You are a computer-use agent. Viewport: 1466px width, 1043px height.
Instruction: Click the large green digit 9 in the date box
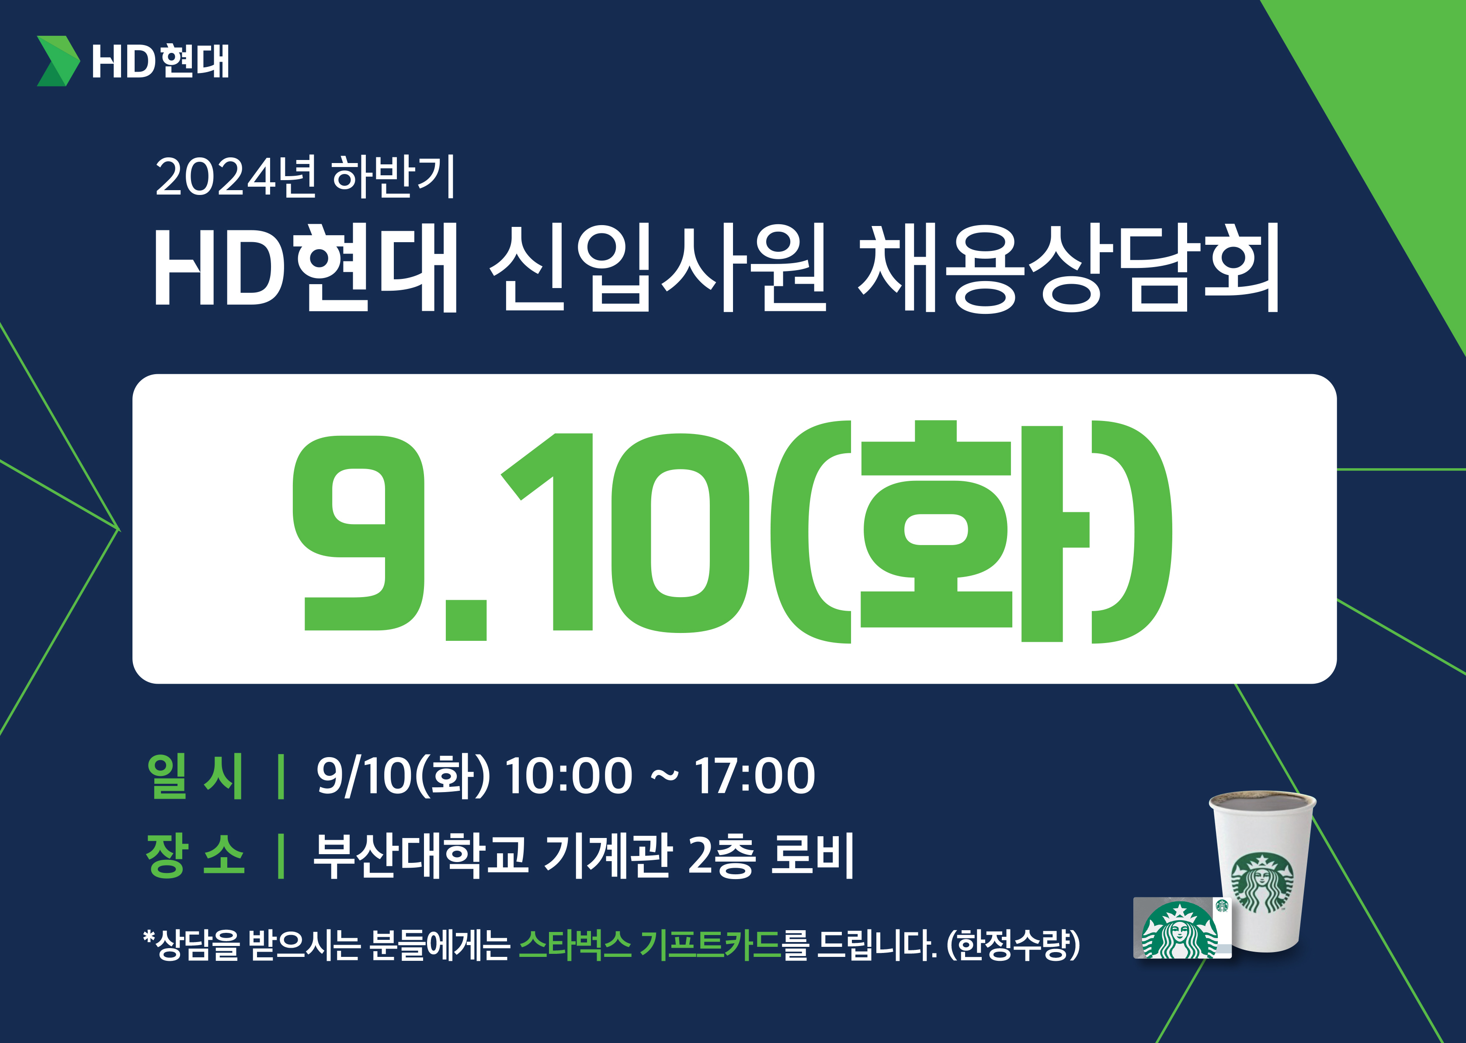tap(359, 532)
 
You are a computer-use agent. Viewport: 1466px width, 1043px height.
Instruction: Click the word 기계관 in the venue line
tap(608, 855)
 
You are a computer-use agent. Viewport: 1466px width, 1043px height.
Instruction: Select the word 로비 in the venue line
tap(812, 855)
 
